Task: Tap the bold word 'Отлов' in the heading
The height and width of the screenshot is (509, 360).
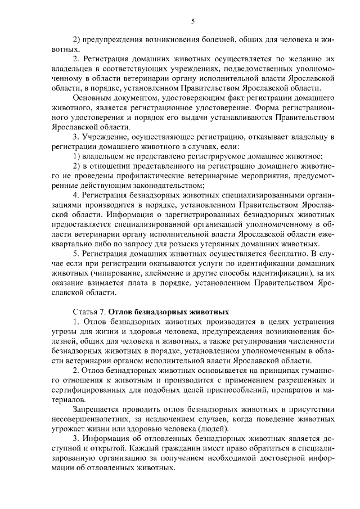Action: click(x=120, y=311)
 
